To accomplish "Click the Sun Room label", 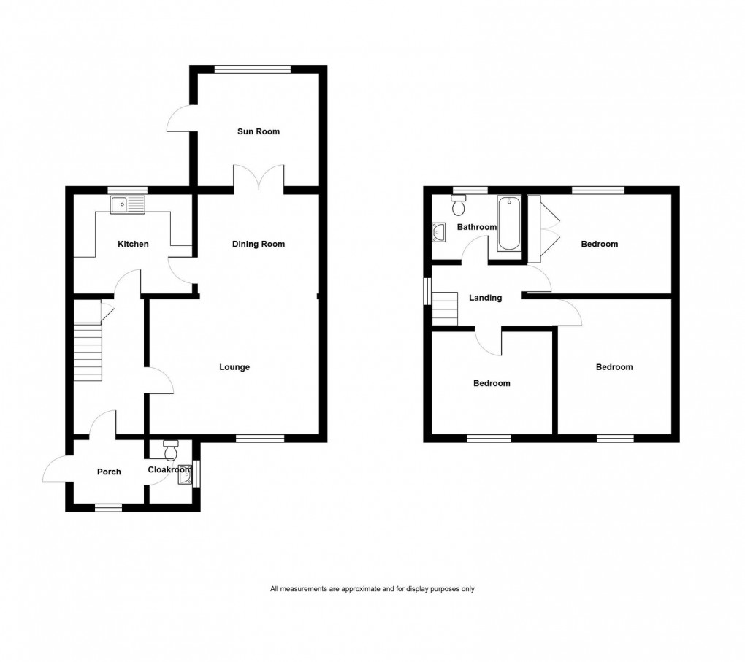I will (258, 132).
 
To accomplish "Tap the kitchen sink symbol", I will (128, 205).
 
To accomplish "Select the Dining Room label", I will (258, 244).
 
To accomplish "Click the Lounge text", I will (234, 367).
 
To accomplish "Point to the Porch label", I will (109, 472).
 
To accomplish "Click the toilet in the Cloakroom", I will (172, 447).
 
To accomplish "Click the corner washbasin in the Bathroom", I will (440, 232).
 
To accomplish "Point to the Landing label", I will (485, 298).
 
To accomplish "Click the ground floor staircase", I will (88, 351).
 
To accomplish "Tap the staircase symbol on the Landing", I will (445, 309).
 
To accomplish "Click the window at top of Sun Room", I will (253, 69).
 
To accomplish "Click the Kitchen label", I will (133, 244).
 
